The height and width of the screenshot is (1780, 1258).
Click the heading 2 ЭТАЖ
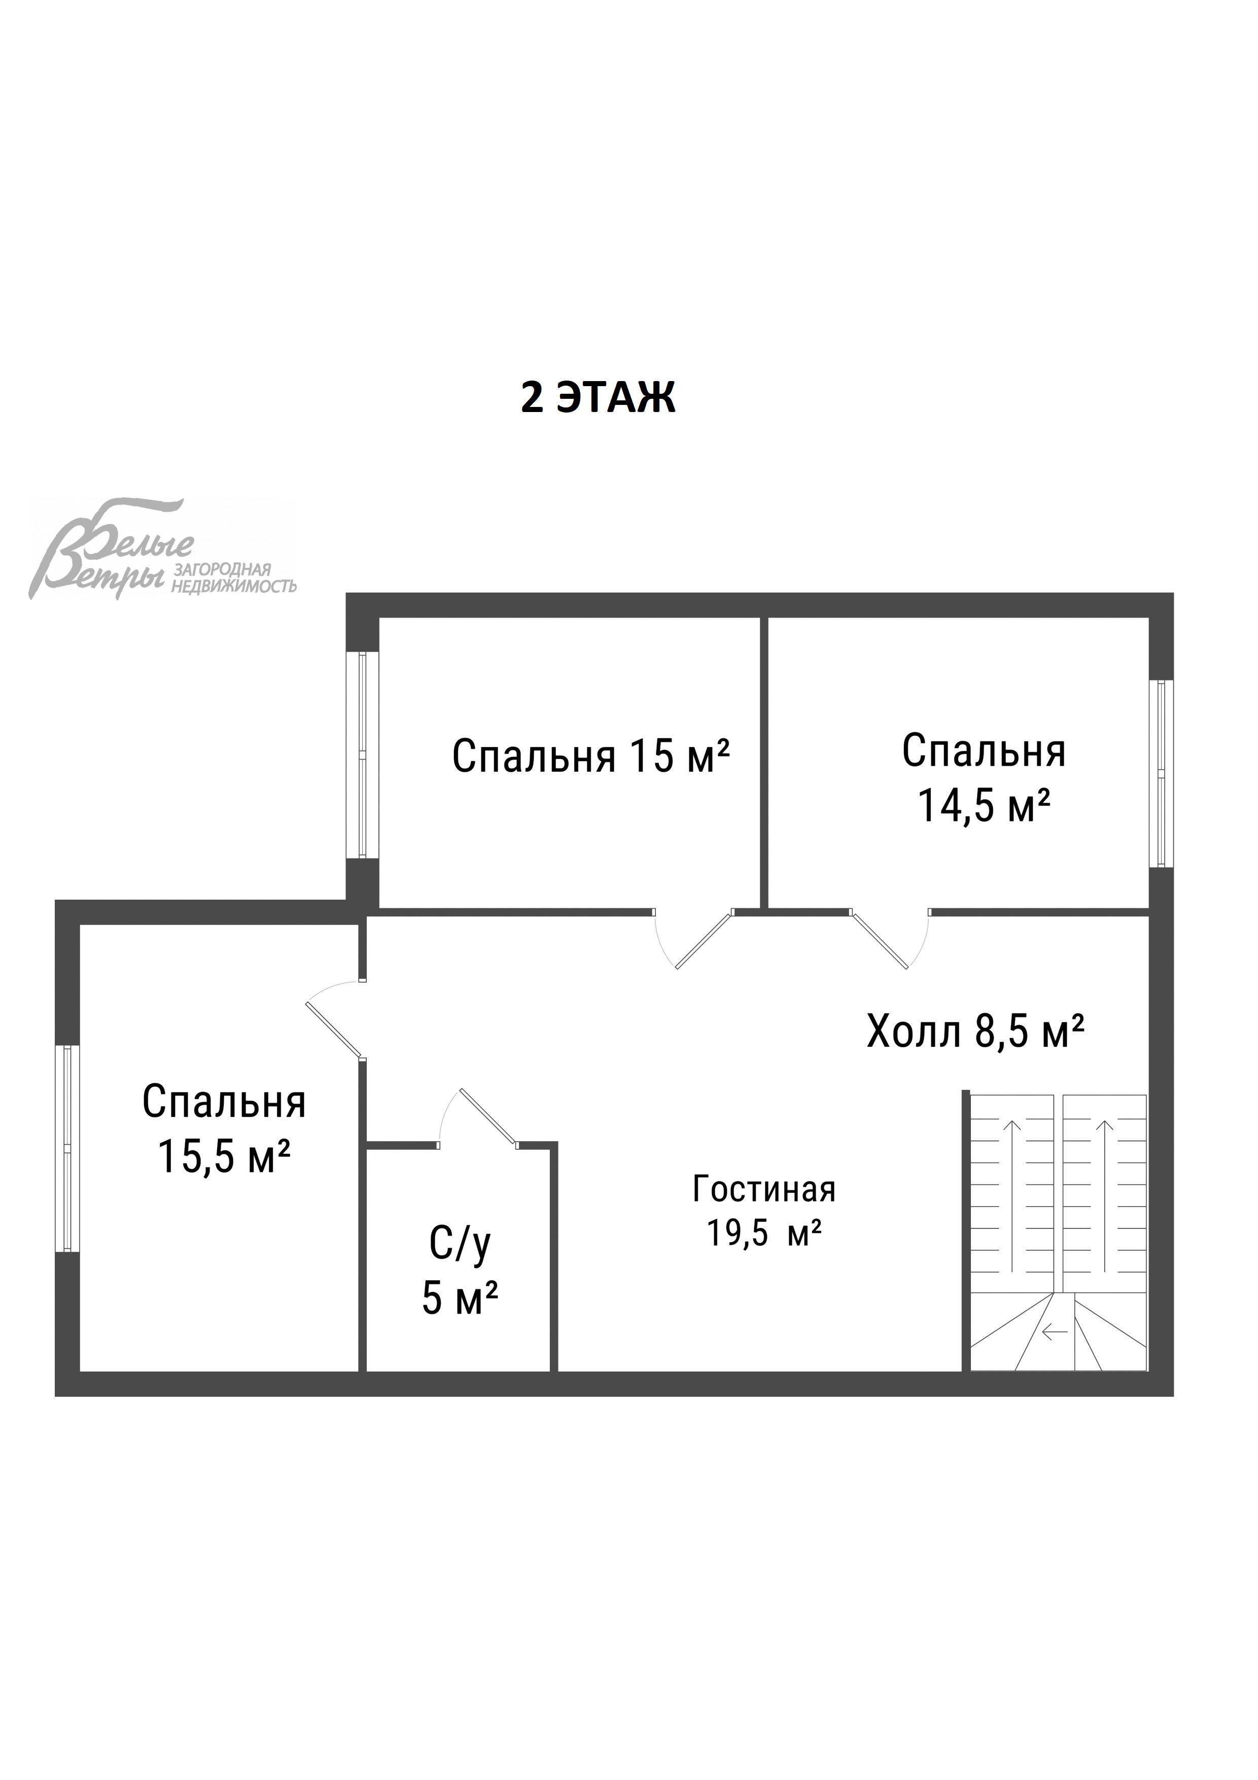tap(598, 398)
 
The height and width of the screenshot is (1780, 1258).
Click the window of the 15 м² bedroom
tap(362, 755)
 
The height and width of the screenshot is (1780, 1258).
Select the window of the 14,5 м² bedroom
tap(1160, 773)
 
